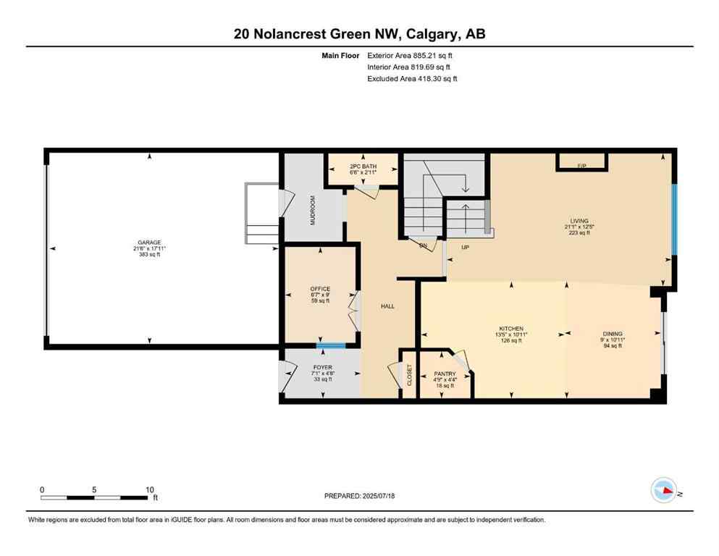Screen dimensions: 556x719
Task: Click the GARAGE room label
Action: [x=150, y=243]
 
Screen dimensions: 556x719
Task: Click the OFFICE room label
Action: [x=320, y=289]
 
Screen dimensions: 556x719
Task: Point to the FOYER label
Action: [x=322, y=367]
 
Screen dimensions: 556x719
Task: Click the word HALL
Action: [x=388, y=307]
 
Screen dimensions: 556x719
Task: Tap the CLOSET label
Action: [x=409, y=374]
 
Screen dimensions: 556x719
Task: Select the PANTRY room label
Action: [x=445, y=374]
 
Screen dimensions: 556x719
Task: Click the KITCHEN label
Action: [x=510, y=329]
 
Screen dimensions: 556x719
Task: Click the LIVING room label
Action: [x=579, y=221]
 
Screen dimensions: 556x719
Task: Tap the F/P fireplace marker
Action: [x=581, y=167]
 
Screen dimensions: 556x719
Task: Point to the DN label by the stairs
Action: [x=424, y=246]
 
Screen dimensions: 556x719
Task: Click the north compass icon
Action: [x=665, y=491]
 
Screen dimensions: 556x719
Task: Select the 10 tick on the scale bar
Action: [x=148, y=489]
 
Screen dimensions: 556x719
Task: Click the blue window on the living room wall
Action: [x=673, y=219]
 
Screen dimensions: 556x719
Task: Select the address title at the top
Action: [x=359, y=33]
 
